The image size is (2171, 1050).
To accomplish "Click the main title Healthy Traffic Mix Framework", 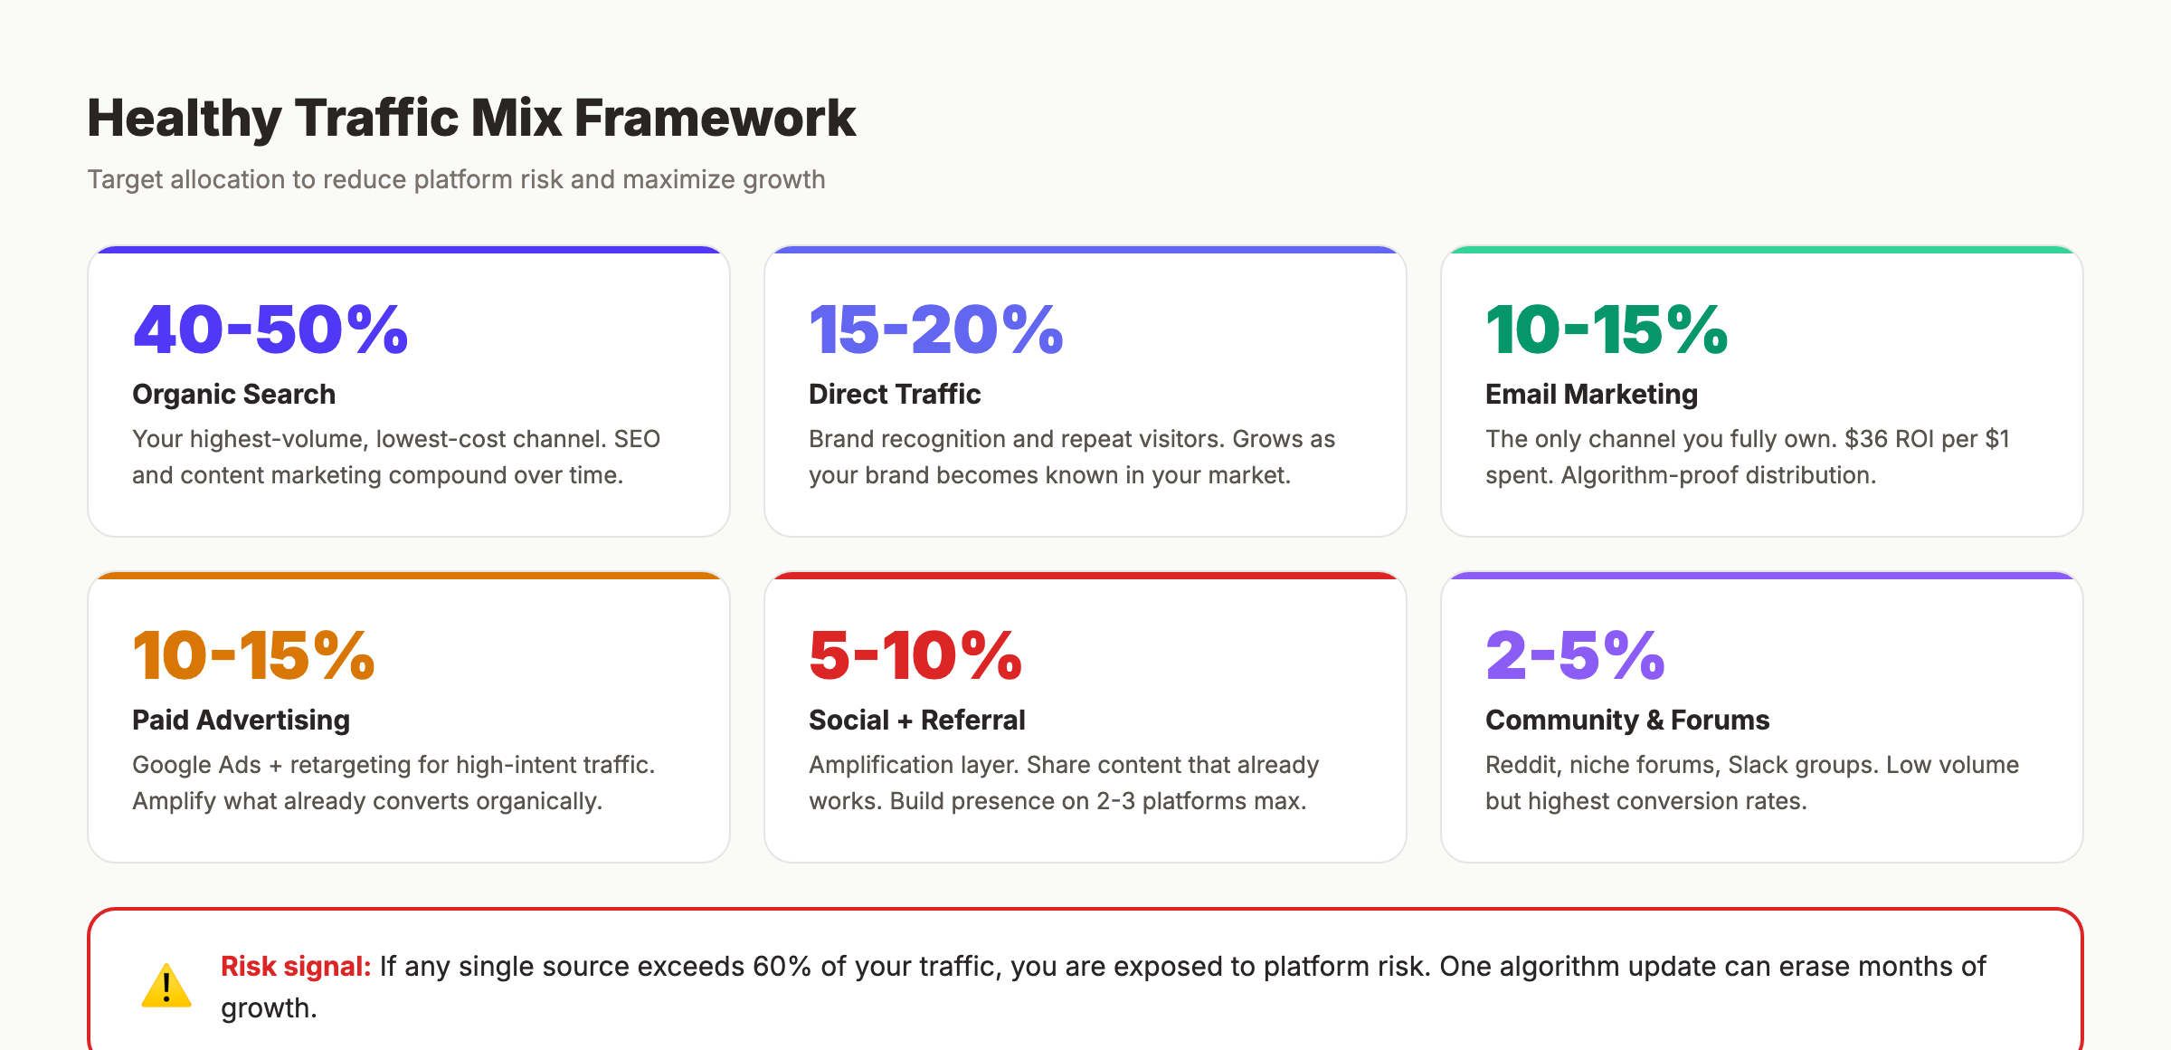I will click(x=470, y=119).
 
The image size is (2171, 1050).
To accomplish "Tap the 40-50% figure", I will click(x=270, y=329).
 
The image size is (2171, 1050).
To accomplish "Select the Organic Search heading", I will click(x=233, y=395).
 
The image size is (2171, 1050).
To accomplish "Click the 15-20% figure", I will click(x=935, y=329).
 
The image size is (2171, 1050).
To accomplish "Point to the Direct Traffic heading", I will click(x=894, y=395).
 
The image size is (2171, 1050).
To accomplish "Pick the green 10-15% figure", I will click(x=1606, y=329).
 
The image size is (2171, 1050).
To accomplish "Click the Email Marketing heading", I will click(x=1590, y=395).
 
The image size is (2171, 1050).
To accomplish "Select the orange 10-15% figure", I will click(x=253, y=655).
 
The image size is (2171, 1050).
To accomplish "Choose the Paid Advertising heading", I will click(x=241, y=721).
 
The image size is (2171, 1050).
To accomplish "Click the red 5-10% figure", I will click(x=915, y=655).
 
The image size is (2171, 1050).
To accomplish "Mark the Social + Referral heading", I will click(x=916, y=721).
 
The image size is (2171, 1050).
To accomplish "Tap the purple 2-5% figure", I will click(x=1574, y=655).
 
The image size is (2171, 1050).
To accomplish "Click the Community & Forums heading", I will click(x=1626, y=721).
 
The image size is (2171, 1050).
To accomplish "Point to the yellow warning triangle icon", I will click(x=166, y=987).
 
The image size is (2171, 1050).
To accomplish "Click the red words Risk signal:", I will click(x=296, y=967).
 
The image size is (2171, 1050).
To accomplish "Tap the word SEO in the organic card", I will click(x=637, y=439).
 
